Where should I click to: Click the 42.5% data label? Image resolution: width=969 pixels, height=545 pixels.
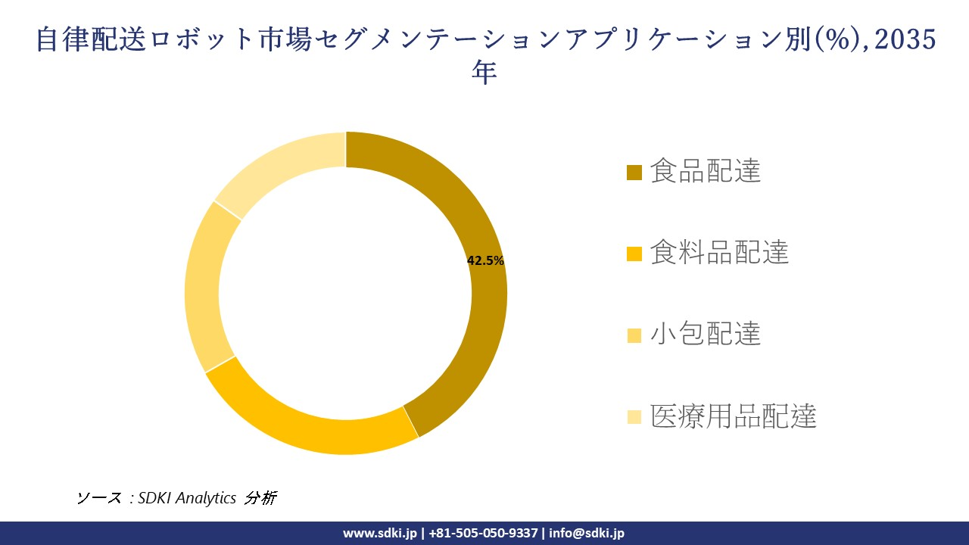[485, 260]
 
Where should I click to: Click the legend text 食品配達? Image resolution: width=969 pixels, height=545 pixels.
[706, 171]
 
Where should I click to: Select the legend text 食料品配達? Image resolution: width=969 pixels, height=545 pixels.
[719, 252]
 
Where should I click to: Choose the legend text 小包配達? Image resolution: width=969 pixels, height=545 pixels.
[706, 334]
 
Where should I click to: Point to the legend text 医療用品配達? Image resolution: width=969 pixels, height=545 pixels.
[733, 416]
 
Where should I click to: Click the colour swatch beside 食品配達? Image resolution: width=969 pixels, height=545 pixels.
[634, 173]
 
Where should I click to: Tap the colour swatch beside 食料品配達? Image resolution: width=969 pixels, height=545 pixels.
[634, 254]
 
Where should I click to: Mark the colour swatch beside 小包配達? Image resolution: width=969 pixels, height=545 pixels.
[634, 335]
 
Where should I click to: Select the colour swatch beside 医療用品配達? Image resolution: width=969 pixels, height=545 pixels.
[634, 416]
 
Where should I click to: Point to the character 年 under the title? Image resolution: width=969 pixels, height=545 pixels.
[484, 73]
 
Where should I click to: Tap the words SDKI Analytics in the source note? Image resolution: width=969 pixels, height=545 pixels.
[187, 497]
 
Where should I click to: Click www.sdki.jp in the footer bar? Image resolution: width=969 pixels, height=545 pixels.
[379, 533]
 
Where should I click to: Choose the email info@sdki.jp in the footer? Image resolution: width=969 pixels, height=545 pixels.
[587, 533]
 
